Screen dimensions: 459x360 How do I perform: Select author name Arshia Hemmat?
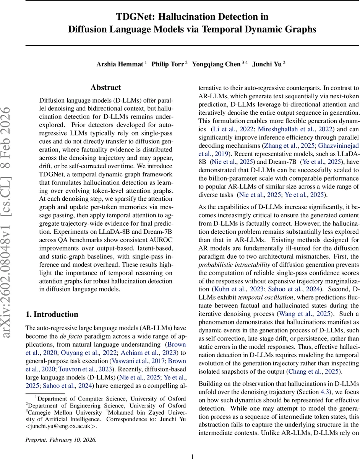(120, 64)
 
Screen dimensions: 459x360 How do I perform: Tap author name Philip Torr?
(167, 64)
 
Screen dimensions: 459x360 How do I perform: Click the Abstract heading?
(106, 88)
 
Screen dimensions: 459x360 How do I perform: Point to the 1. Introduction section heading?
(52, 314)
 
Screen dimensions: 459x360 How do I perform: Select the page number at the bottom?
(193, 456)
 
